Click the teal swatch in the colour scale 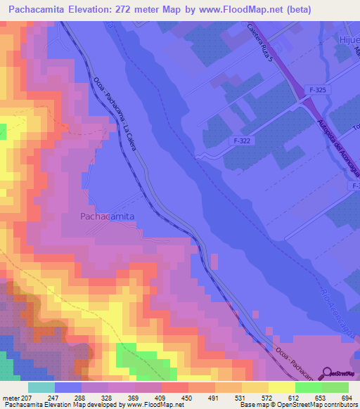41,387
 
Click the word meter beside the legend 10,398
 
